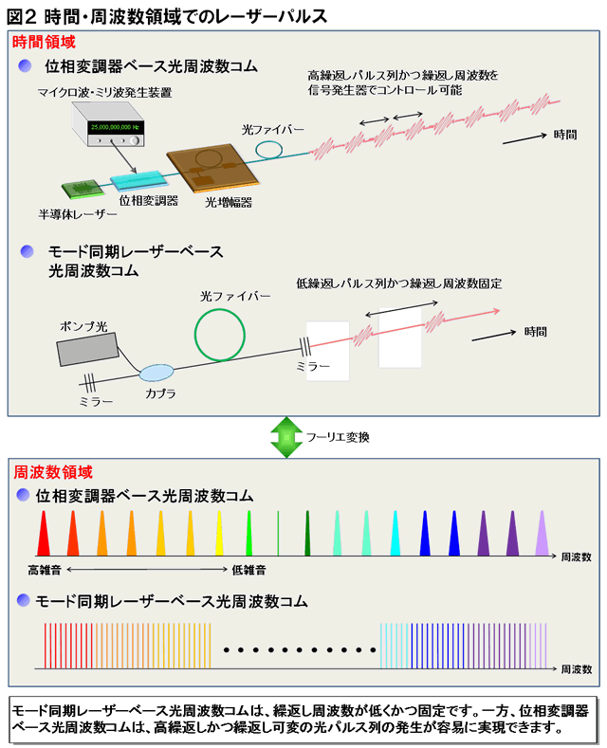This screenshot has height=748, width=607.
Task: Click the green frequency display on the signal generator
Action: (x=116, y=127)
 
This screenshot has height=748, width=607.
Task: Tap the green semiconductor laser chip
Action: (x=83, y=189)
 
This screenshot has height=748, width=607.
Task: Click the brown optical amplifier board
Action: (x=212, y=168)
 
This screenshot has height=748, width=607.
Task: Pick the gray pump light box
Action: (x=87, y=349)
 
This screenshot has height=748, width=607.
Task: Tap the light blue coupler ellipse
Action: (x=156, y=373)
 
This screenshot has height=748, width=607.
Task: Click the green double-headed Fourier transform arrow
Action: (x=286, y=437)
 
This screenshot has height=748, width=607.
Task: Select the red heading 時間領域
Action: (x=44, y=42)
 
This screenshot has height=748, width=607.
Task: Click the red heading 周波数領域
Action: (x=53, y=472)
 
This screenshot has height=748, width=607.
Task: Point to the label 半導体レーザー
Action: (x=78, y=214)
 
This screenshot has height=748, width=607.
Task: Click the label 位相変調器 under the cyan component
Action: (x=148, y=200)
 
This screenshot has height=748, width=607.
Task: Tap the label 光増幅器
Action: (x=229, y=202)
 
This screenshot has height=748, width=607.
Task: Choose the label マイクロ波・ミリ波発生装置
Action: (x=105, y=92)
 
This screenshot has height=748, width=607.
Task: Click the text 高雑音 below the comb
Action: (x=45, y=570)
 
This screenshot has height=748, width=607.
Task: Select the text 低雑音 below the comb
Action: (x=248, y=570)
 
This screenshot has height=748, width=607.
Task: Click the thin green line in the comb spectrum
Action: (x=278, y=533)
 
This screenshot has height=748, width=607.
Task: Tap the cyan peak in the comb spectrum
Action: (x=395, y=533)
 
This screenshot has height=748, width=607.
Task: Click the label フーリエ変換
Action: (x=338, y=437)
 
